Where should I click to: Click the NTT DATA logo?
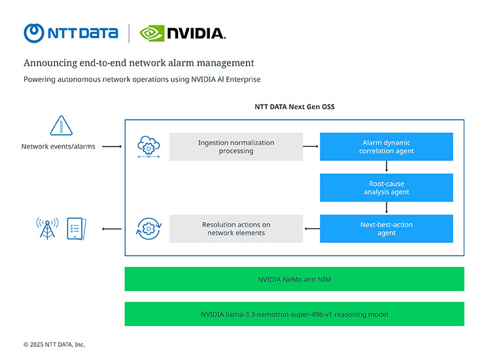[71, 32]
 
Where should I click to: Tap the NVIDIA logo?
[182, 33]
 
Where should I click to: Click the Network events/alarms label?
[58, 147]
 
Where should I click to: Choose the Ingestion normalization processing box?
[235, 147]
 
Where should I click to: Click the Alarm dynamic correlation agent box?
[386, 147]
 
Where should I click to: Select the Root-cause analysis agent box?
[386, 188]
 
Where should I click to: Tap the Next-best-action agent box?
[386, 228]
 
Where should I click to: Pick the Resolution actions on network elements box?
[235, 228]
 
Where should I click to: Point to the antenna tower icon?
[46, 228]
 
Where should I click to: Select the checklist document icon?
[76, 228]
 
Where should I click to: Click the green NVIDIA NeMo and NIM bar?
[294, 279]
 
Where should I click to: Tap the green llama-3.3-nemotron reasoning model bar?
[294, 314]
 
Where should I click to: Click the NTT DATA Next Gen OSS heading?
[294, 107]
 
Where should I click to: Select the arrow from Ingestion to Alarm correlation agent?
[311, 147]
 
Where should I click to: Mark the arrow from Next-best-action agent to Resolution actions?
[311, 228]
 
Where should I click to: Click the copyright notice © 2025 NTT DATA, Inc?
[54, 344]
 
